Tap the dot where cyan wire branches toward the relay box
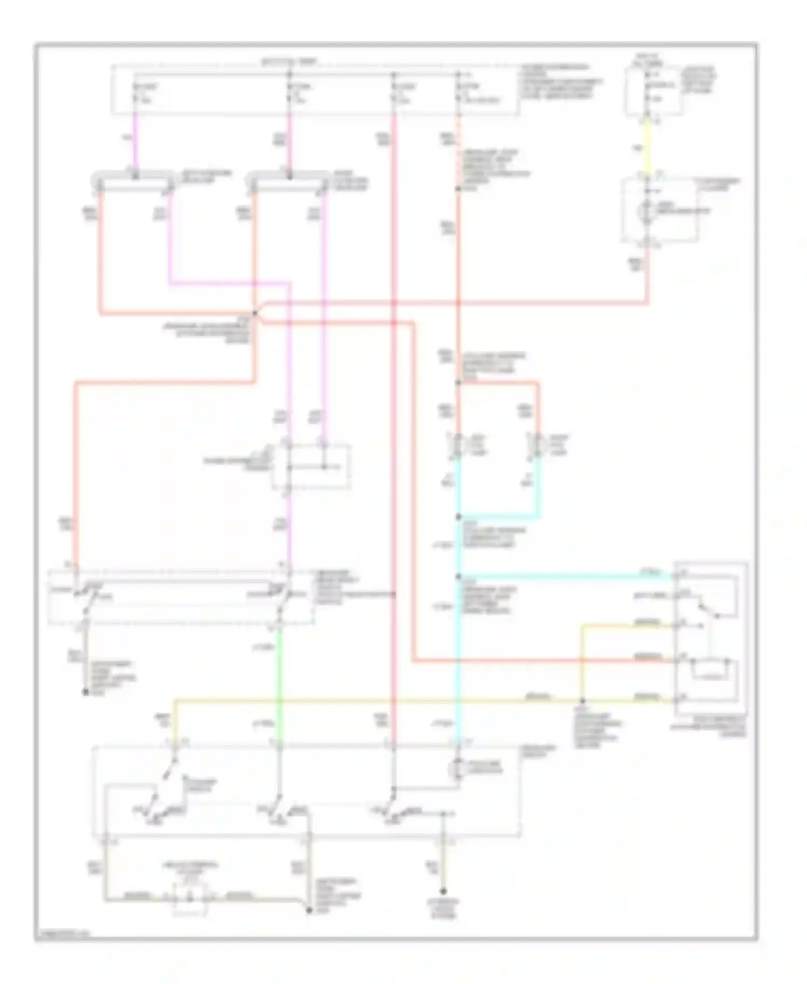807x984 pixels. pos(458,577)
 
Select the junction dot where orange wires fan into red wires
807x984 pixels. pos(254,313)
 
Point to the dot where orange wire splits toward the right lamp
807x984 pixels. pos(458,383)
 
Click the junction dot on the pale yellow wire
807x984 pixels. pos(582,701)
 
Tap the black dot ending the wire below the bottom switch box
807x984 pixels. pos(443,891)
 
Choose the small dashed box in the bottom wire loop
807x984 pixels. pos(190,898)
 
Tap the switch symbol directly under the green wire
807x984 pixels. pos(279,807)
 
